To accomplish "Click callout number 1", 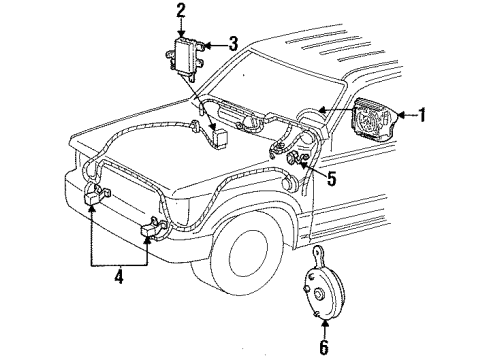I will (423, 115).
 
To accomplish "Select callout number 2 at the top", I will (181, 11).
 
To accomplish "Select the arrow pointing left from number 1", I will (403, 115).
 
